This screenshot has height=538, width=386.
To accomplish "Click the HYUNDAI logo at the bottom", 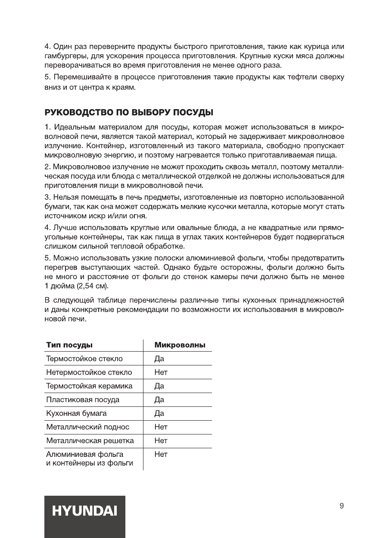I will point(85,512).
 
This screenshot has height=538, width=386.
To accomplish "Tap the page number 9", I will point(341,506).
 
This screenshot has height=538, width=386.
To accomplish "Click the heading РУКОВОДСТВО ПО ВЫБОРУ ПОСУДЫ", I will point(129,113).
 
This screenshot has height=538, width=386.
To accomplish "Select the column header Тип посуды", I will point(70,345).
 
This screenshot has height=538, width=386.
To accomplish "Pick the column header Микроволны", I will point(180,345).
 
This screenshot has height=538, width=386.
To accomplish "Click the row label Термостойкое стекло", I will point(84,359).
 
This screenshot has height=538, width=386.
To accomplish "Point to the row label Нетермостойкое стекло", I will point(89,372).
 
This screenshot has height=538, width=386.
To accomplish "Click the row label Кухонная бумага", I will point(77,414).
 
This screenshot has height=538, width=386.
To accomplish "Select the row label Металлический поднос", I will point(88,428).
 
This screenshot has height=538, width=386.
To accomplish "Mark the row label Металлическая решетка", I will point(90,441).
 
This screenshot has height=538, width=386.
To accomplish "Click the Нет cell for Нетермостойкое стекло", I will point(161,372).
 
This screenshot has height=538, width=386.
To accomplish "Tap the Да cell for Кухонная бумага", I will point(159,414).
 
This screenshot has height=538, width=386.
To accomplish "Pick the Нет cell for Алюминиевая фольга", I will point(161,455).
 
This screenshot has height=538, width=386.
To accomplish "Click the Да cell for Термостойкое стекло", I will point(159,359).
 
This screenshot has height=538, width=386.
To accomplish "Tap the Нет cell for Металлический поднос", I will point(161,428).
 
